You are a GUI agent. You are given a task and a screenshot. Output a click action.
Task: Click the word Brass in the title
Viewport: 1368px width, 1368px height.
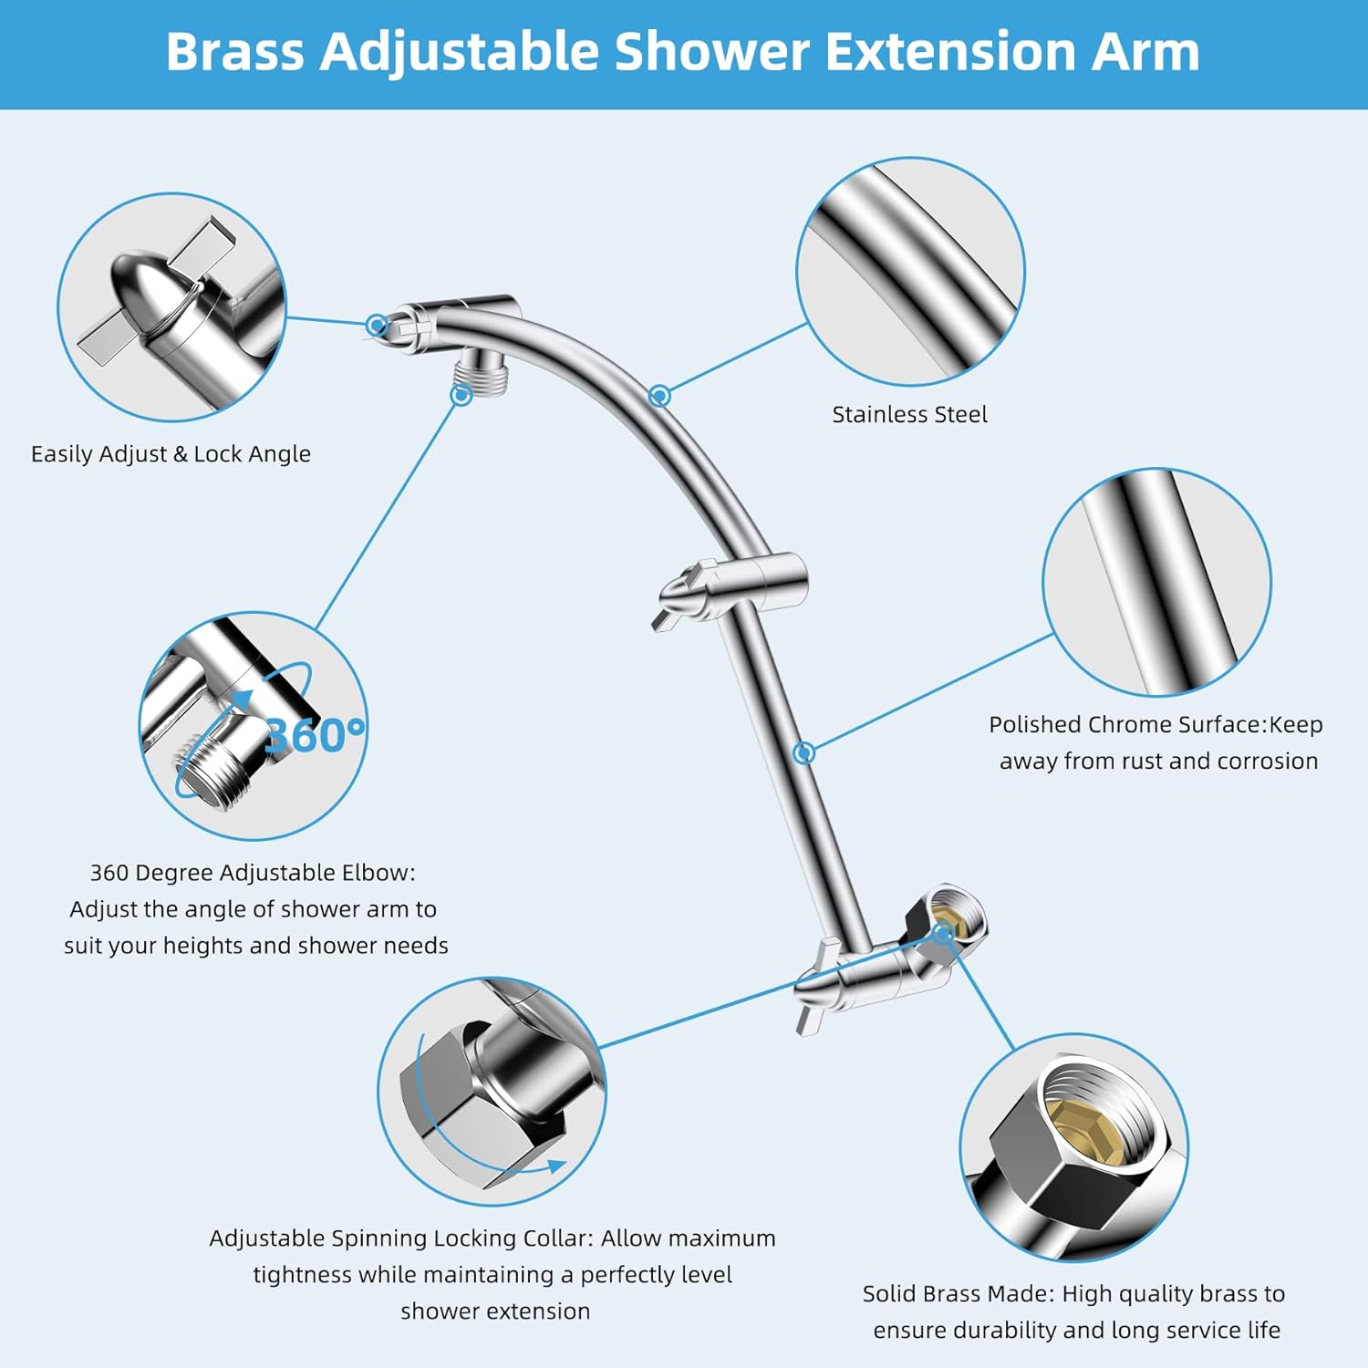[234, 52]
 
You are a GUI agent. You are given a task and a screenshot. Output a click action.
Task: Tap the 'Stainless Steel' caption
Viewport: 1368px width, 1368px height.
[909, 415]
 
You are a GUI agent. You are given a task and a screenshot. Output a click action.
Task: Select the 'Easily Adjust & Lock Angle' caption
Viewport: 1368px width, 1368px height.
[171, 454]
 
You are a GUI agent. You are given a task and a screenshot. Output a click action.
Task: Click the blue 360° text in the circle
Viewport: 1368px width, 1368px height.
[314, 735]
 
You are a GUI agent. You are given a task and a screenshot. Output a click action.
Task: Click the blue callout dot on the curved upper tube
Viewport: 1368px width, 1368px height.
[659, 396]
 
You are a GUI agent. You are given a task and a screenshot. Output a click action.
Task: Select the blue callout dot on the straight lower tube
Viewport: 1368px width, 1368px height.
[803, 752]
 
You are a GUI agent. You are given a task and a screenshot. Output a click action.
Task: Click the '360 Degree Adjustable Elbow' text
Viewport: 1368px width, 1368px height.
[252, 873]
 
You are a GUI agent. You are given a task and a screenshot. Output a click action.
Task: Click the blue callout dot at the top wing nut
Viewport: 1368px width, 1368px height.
[376, 325]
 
